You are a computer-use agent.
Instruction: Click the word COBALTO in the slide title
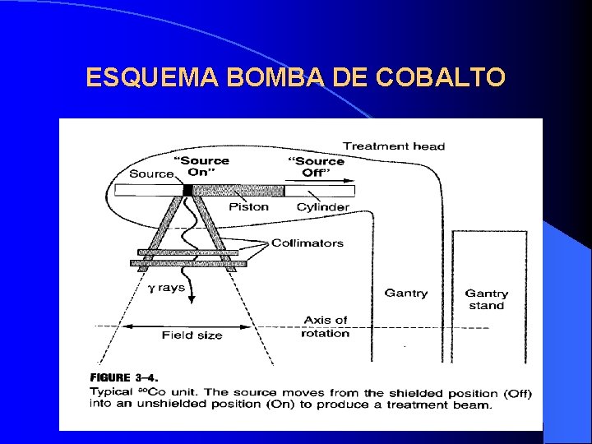[440, 78]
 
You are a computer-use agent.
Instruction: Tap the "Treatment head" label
[394, 146]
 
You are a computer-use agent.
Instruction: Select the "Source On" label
[201, 166]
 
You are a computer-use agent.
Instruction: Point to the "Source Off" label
[315, 166]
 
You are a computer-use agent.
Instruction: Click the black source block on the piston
[187, 190]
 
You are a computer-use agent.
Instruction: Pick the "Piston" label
[248, 206]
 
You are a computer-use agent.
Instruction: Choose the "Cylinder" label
[322, 206]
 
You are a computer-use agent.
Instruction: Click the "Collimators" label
[307, 243]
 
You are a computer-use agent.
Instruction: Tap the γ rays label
[166, 288]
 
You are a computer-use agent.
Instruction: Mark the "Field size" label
[192, 335]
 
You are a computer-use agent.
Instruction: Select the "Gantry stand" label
[486, 299]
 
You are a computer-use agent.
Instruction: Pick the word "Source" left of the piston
[151, 173]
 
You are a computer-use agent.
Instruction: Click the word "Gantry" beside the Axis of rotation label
[405, 294]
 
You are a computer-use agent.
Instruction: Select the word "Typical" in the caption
[111, 392]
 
